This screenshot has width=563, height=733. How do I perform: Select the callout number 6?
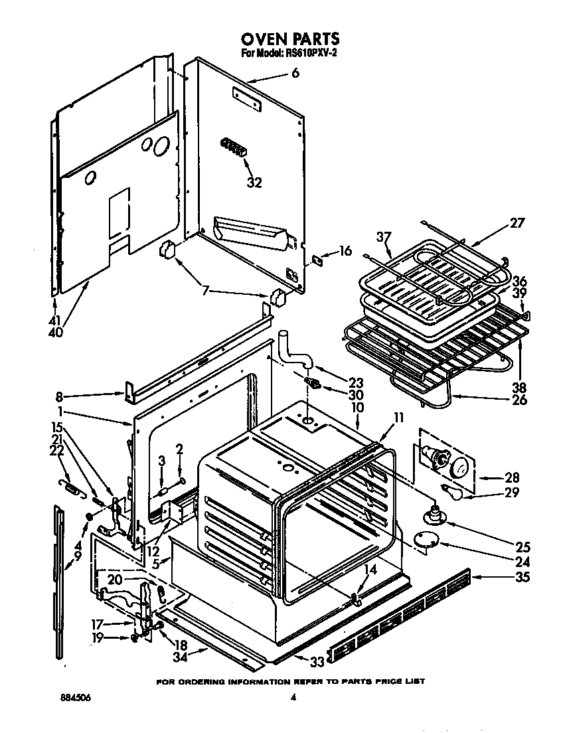(x=295, y=74)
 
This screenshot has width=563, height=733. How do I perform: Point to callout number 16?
(x=345, y=251)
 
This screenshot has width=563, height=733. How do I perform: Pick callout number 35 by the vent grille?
(x=522, y=577)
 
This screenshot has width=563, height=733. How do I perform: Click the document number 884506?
(x=74, y=698)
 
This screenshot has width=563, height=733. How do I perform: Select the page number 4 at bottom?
(x=292, y=698)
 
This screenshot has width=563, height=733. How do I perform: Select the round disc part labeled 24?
(x=423, y=540)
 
